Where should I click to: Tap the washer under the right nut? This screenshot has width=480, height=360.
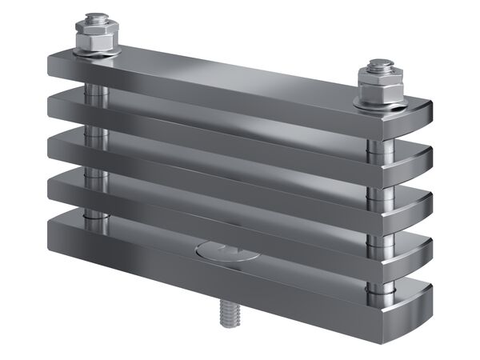pos(378,102)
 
